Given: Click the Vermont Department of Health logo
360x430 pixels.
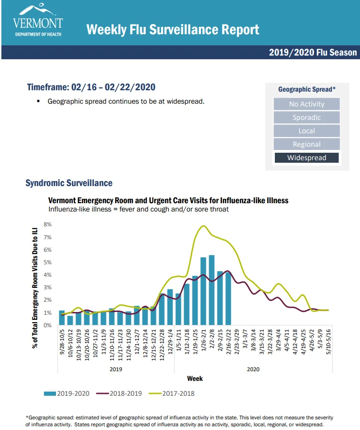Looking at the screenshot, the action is pyautogui.click(x=38, y=20).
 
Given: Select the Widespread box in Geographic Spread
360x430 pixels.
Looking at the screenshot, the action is pyautogui.click(x=306, y=158).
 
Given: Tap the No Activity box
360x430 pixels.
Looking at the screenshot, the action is pyautogui.click(x=306, y=104).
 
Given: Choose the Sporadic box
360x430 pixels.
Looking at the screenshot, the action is pyautogui.click(x=306, y=118).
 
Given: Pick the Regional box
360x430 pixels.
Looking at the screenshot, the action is pyautogui.click(x=306, y=144).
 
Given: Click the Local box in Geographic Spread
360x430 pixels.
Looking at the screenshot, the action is pyautogui.click(x=306, y=131).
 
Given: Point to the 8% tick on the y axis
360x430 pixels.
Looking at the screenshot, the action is pyautogui.click(x=48, y=224).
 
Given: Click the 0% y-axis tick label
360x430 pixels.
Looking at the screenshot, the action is pyautogui.click(x=48, y=325).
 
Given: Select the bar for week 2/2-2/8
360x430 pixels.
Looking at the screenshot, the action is pyautogui.click(x=211, y=290).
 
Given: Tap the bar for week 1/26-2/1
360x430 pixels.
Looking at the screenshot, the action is pyautogui.click(x=203, y=291).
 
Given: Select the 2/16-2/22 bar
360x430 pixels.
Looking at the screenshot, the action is pyautogui.click(x=229, y=299).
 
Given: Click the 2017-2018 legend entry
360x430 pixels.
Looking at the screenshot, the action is pyautogui.click(x=171, y=393).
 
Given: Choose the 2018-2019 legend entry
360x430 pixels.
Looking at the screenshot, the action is pyautogui.click(x=119, y=393).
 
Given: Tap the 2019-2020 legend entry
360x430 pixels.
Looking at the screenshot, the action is pyautogui.click(x=67, y=393).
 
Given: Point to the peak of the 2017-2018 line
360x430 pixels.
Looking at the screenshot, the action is pyautogui.click(x=204, y=226).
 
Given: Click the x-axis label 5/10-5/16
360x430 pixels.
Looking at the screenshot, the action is pyautogui.click(x=329, y=342).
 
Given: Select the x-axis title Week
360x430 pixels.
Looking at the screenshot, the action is pyautogui.click(x=195, y=379).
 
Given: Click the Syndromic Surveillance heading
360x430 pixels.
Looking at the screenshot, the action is pyautogui.click(x=69, y=183).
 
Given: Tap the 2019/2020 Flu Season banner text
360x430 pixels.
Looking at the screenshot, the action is pyautogui.click(x=313, y=52).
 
